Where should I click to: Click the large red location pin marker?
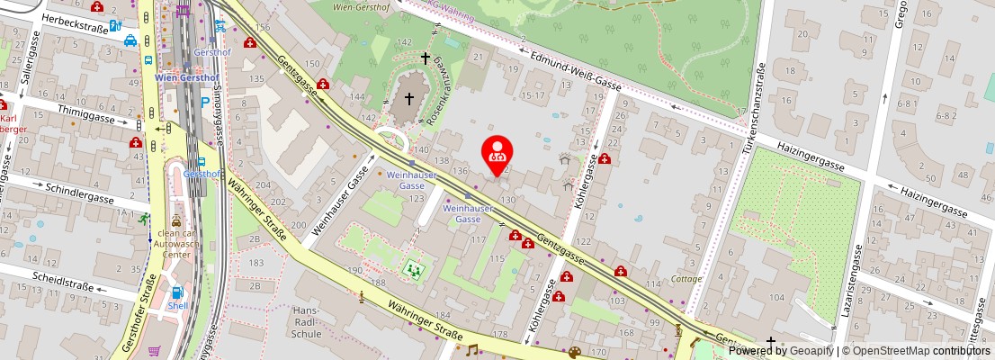[x=497, y=153]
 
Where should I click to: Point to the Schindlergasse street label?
[x=78, y=195]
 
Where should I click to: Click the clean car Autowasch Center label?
[x=175, y=243]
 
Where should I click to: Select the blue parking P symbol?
[x=205, y=103]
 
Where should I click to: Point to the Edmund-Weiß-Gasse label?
[x=577, y=69]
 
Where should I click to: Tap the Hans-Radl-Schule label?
[x=307, y=322]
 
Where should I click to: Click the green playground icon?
[x=413, y=267]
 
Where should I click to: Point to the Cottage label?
[x=686, y=279]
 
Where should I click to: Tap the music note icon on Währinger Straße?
[x=471, y=349]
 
